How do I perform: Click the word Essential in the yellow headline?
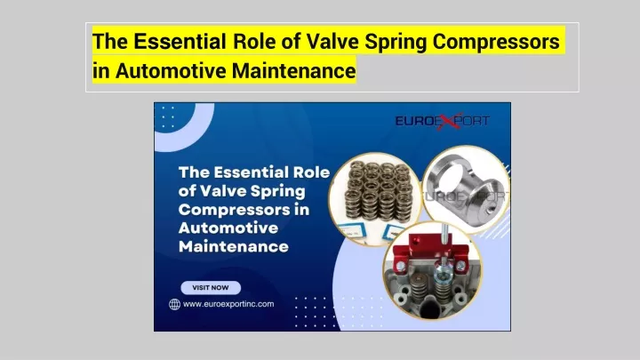[180, 41]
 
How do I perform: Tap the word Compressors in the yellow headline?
[496, 42]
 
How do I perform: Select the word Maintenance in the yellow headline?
[294, 70]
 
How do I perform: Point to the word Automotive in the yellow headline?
[171, 70]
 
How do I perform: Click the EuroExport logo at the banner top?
[442, 121]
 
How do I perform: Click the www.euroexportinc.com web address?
[228, 304]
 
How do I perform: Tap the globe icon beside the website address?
[175, 304]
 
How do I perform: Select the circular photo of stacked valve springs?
[375, 199]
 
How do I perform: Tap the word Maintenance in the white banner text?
[234, 246]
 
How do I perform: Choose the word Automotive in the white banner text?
[228, 228]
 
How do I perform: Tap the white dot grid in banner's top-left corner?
[168, 117]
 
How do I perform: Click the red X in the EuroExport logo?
[449, 121]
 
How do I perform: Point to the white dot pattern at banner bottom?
[339, 312]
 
